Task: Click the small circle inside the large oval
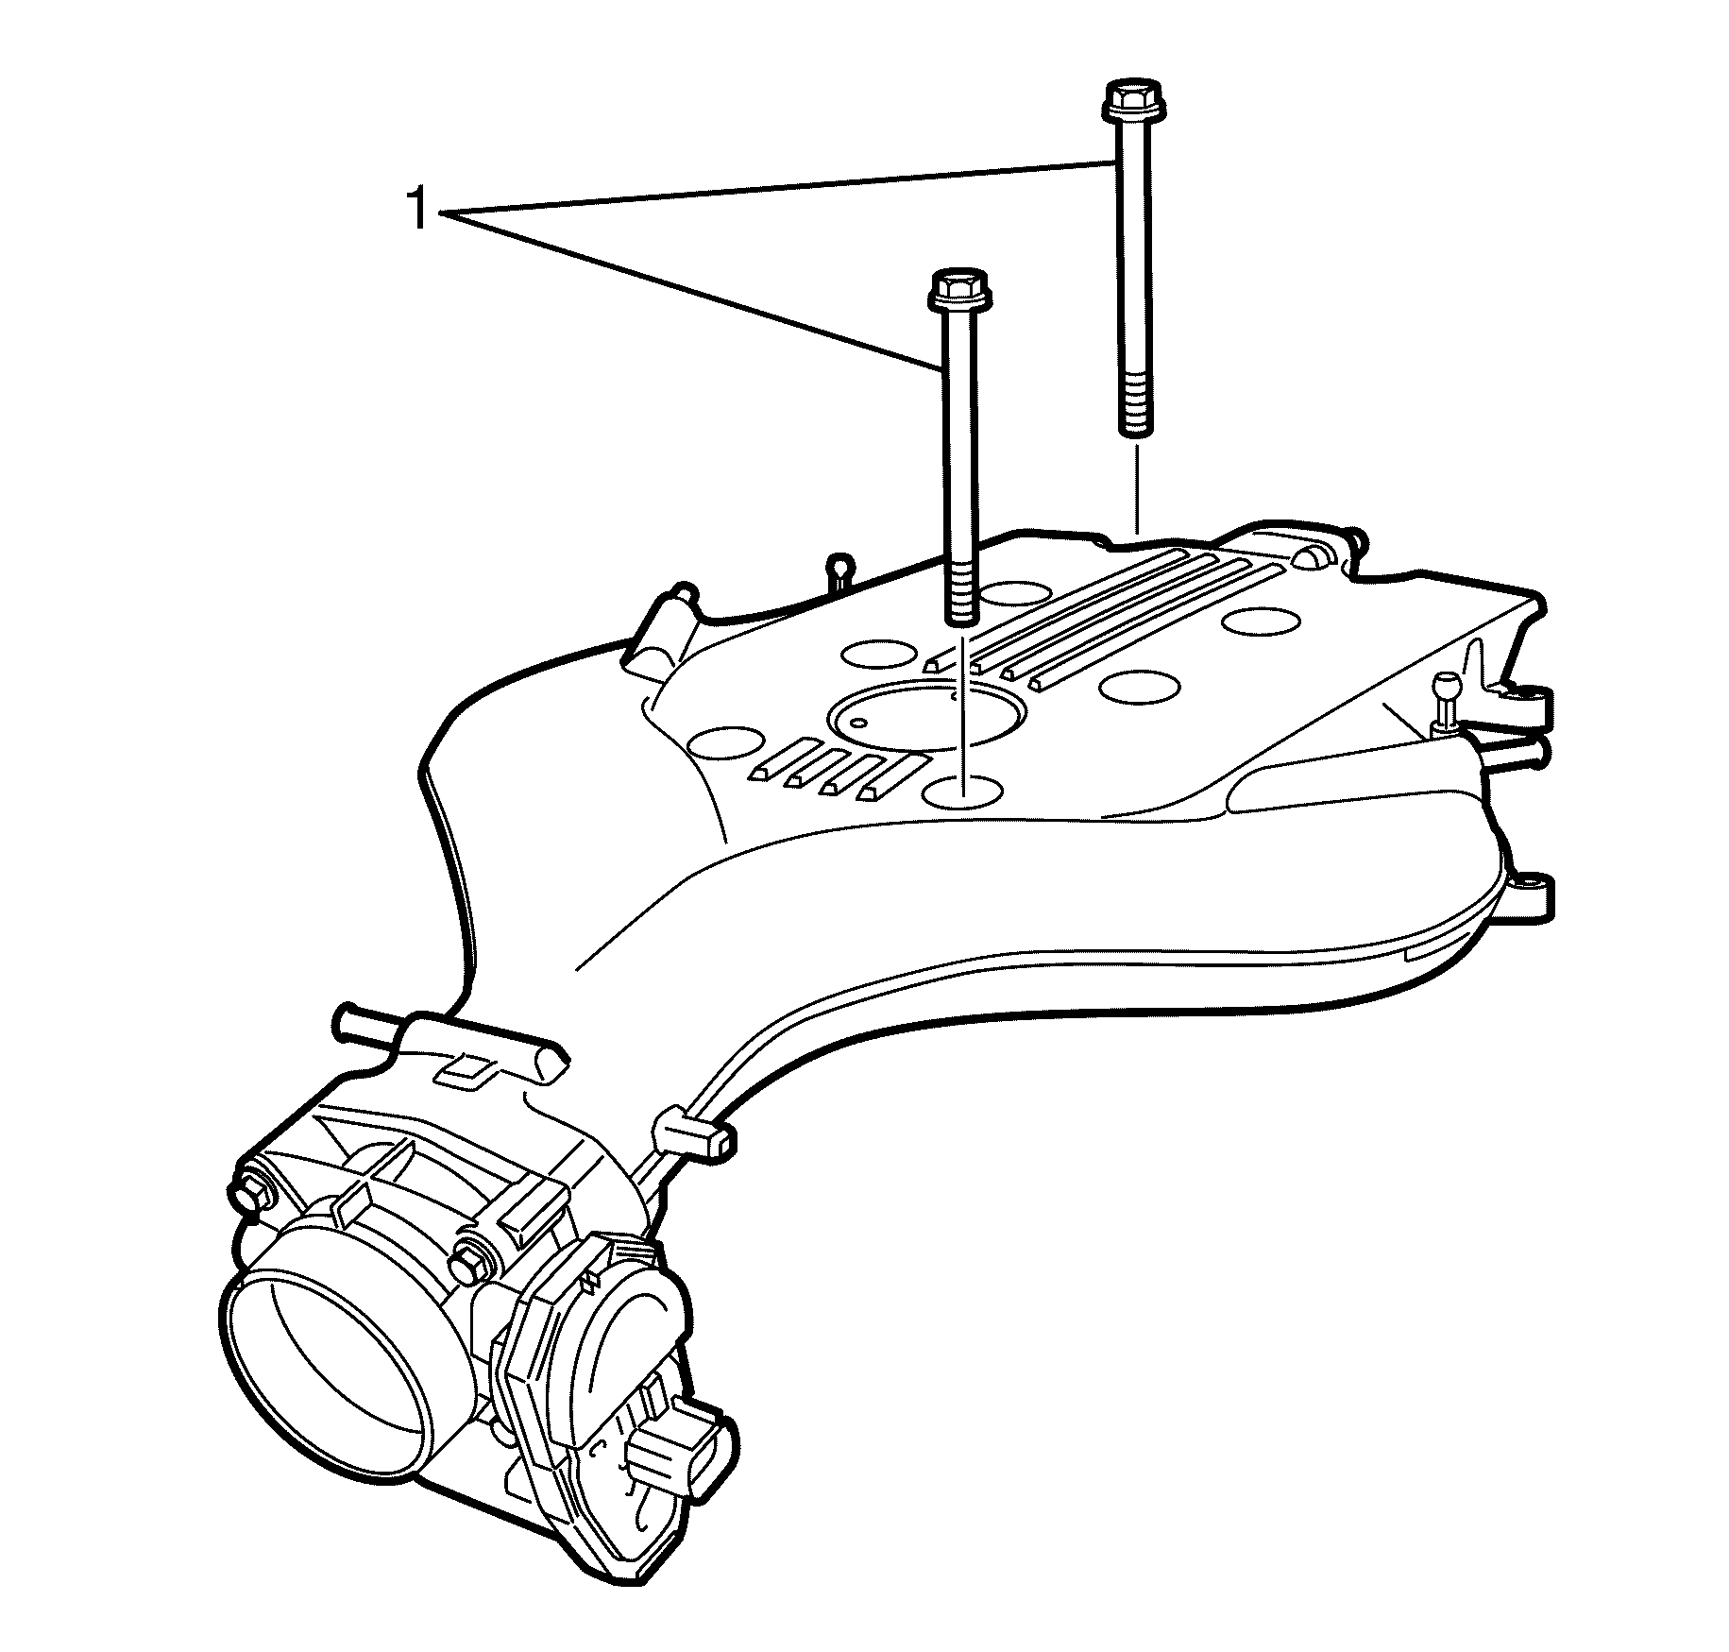click(x=858, y=723)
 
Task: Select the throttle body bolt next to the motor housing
click(x=469, y=1261)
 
